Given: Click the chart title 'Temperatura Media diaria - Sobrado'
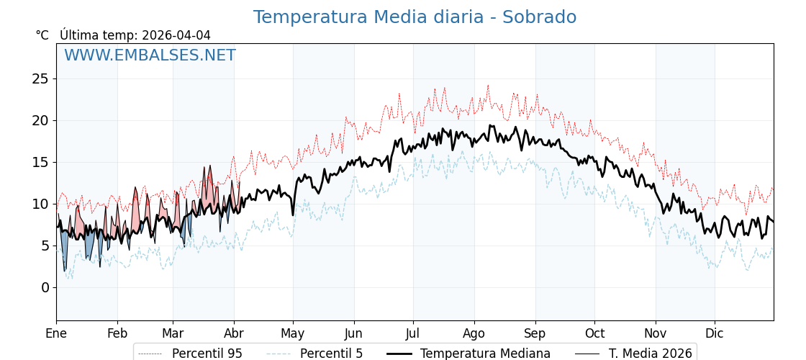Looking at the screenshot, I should pos(415,17).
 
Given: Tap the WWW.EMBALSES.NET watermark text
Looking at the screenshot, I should pos(150,55).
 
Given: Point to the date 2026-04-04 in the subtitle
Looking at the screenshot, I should pos(176,35).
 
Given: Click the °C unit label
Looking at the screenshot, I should pos(42,35).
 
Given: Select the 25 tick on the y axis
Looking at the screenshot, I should pos(40,78).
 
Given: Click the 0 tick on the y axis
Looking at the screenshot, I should pos(45,287).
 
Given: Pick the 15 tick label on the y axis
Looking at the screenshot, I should pos(40,162).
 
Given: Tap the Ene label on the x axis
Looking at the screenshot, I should pos(56,333).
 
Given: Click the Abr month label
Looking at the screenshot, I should pos(234,333).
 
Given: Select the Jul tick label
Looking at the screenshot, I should pos(413,333).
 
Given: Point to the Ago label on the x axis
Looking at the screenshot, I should pos(474,333).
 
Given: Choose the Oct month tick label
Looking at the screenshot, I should pos(594,333).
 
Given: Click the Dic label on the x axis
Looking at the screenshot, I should pos(715,333).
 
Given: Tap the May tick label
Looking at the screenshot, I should pos(293,333).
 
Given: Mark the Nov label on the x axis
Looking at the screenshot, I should pos(656,333).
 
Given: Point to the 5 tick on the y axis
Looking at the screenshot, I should pos(45,246).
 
